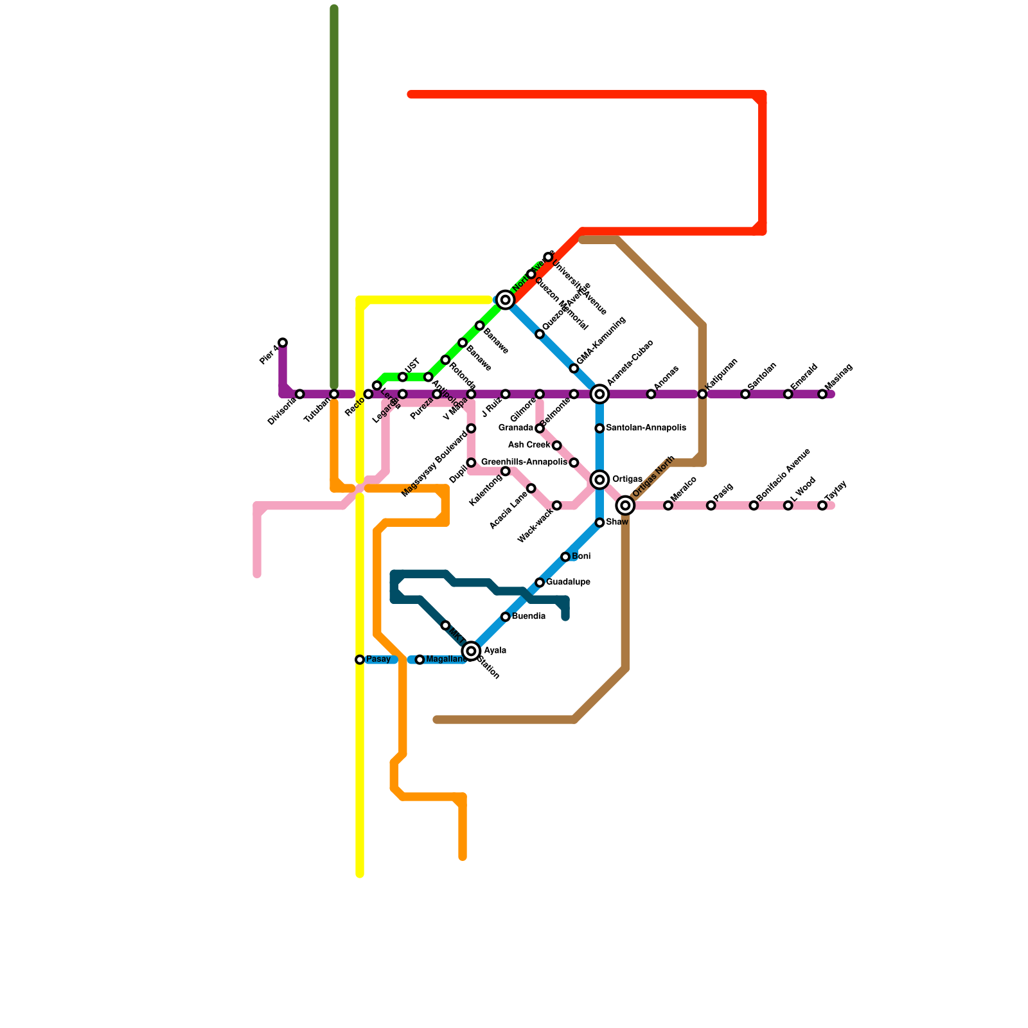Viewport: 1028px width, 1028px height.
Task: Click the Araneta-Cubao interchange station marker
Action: tap(599, 394)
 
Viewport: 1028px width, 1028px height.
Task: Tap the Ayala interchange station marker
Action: tap(472, 651)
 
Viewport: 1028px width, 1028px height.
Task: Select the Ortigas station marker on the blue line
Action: tap(599, 480)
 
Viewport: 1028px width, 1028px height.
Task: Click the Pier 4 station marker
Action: tap(283, 342)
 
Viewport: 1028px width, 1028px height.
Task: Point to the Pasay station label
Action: tap(378, 660)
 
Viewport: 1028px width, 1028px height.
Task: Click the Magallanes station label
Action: tap(446, 660)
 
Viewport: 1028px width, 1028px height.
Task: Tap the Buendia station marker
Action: tap(506, 617)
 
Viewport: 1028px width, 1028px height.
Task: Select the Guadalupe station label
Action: tap(568, 582)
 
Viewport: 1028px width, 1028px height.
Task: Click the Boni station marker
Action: tap(565, 556)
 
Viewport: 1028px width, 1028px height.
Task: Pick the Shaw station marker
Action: tap(599, 523)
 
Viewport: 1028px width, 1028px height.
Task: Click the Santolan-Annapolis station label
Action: tap(646, 428)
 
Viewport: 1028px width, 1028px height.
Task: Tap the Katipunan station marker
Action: tap(702, 394)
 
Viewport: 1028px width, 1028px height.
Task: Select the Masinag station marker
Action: tap(822, 394)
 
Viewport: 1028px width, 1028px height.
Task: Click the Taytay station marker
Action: tap(822, 506)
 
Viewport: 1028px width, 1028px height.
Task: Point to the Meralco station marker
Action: tap(668, 506)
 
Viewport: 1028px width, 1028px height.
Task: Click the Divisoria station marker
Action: tap(300, 394)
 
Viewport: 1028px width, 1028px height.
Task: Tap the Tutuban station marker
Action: tap(334, 394)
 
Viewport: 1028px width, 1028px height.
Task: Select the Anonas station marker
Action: tap(651, 394)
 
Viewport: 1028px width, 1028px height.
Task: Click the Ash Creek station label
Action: tap(529, 445)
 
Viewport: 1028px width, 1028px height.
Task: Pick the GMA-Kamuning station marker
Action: tap(574, 368)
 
